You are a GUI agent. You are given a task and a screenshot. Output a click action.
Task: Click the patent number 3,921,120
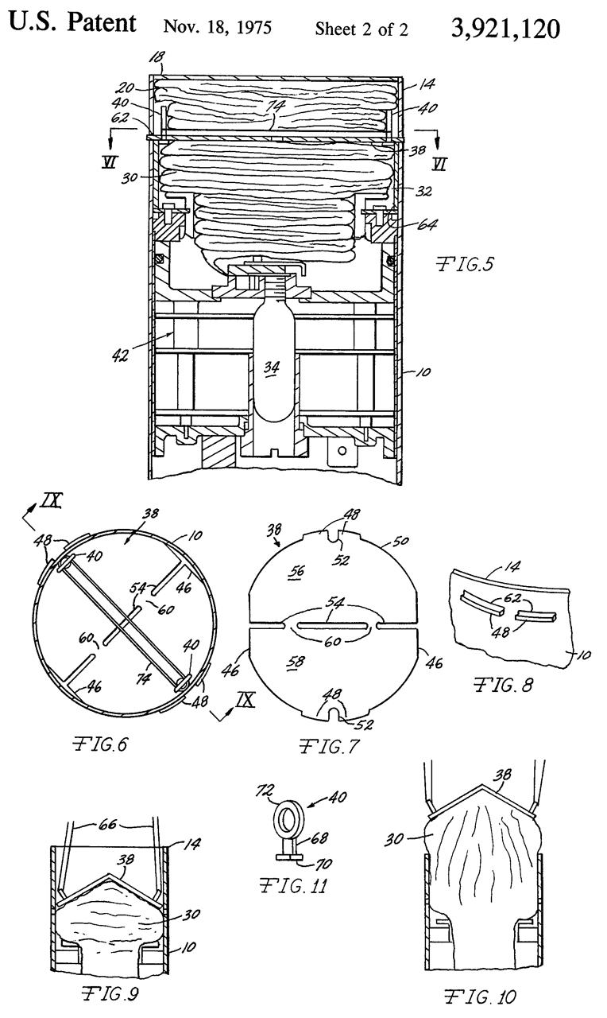(x=505, y=29)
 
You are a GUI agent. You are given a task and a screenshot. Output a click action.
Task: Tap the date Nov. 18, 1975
(x=218, y=27)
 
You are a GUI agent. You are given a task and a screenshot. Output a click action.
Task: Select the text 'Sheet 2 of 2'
(x=361, y=29)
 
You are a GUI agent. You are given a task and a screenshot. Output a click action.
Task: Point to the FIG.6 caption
(x=101, y=744)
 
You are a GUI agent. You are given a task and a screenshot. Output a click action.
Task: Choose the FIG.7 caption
(x=329, y=746)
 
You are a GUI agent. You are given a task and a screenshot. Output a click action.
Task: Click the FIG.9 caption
(x=110, y=993)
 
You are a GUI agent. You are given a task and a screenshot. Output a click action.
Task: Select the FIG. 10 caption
(x=480, y=997)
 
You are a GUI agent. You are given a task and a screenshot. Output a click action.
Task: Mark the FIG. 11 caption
(x=294, y=886)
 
